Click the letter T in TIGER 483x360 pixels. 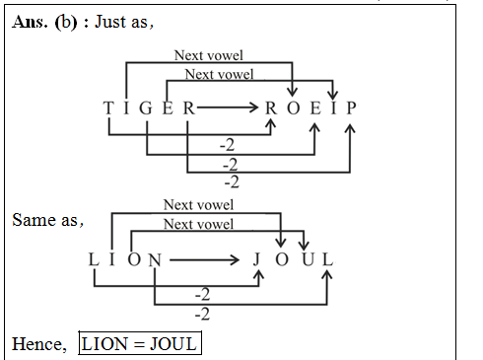tap(107, 108)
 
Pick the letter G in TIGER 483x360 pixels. tap(146, 108)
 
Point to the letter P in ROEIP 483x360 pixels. tap(352, 108)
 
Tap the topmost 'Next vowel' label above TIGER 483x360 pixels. tap(208, 56)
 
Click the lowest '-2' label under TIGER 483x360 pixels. tap(232, 181)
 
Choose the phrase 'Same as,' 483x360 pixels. tap(47, 220)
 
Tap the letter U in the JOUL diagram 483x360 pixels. tap(308, 260)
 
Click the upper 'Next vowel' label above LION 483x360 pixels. tap(198, 205)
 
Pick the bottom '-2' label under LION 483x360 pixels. tap(203, 314)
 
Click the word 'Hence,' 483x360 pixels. tap(39, 344)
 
